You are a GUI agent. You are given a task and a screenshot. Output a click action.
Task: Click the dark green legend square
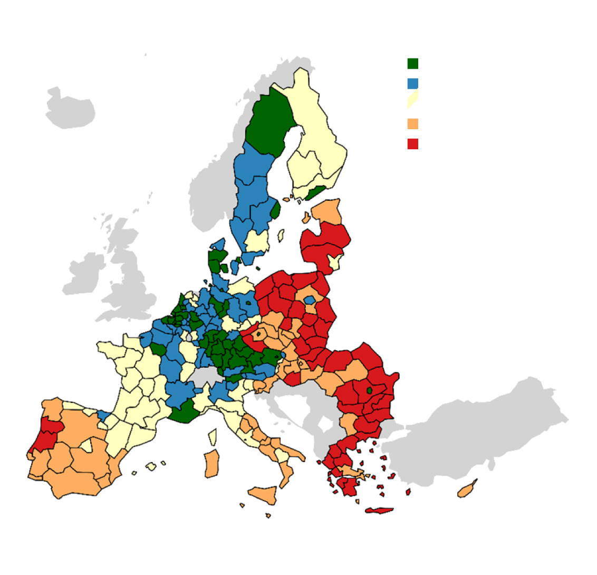coord(413,64)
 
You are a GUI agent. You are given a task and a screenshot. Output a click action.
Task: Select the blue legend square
coord(413,83)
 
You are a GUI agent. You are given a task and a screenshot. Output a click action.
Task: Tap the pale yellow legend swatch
coord(412,100)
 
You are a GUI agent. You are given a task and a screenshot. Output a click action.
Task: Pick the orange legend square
coord(413,124)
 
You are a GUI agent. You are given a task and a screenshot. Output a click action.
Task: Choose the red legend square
coord(413,143)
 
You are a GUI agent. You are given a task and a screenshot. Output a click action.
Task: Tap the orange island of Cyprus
coord(467,490)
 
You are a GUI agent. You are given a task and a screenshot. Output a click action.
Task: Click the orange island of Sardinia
coord(211,464)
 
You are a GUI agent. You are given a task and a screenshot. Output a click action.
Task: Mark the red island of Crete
coord(379,511)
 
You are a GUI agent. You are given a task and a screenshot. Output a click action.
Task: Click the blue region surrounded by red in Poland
coord(310,300)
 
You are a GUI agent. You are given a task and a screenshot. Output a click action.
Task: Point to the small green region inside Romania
coord(369,390)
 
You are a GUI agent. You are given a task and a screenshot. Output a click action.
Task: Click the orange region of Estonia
coord(327,212)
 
